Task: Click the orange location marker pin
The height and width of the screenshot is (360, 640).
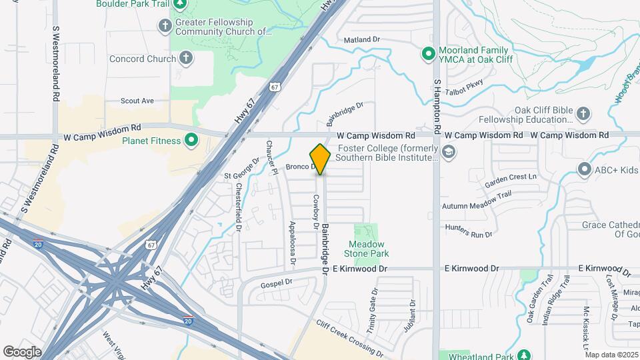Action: tap(321, 159)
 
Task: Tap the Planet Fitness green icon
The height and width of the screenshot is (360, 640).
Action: tap(191, 141)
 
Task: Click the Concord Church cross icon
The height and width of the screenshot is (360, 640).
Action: tap(187, 59)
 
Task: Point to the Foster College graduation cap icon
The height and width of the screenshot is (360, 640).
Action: tap(449, 153)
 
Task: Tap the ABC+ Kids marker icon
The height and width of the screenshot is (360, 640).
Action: tap(585, 169)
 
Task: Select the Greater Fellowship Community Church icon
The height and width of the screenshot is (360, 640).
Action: tap(165, 26)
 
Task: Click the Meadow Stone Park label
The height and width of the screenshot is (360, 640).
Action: tap(366, 249)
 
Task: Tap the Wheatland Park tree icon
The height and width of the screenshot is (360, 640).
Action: tap(525, 355)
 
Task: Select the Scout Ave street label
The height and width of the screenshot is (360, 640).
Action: tap(137, 101)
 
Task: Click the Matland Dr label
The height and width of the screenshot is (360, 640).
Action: tap(361, 40)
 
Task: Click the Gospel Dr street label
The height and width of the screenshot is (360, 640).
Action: tap(277, 283)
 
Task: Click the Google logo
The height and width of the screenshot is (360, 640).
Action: tap(22, 351)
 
